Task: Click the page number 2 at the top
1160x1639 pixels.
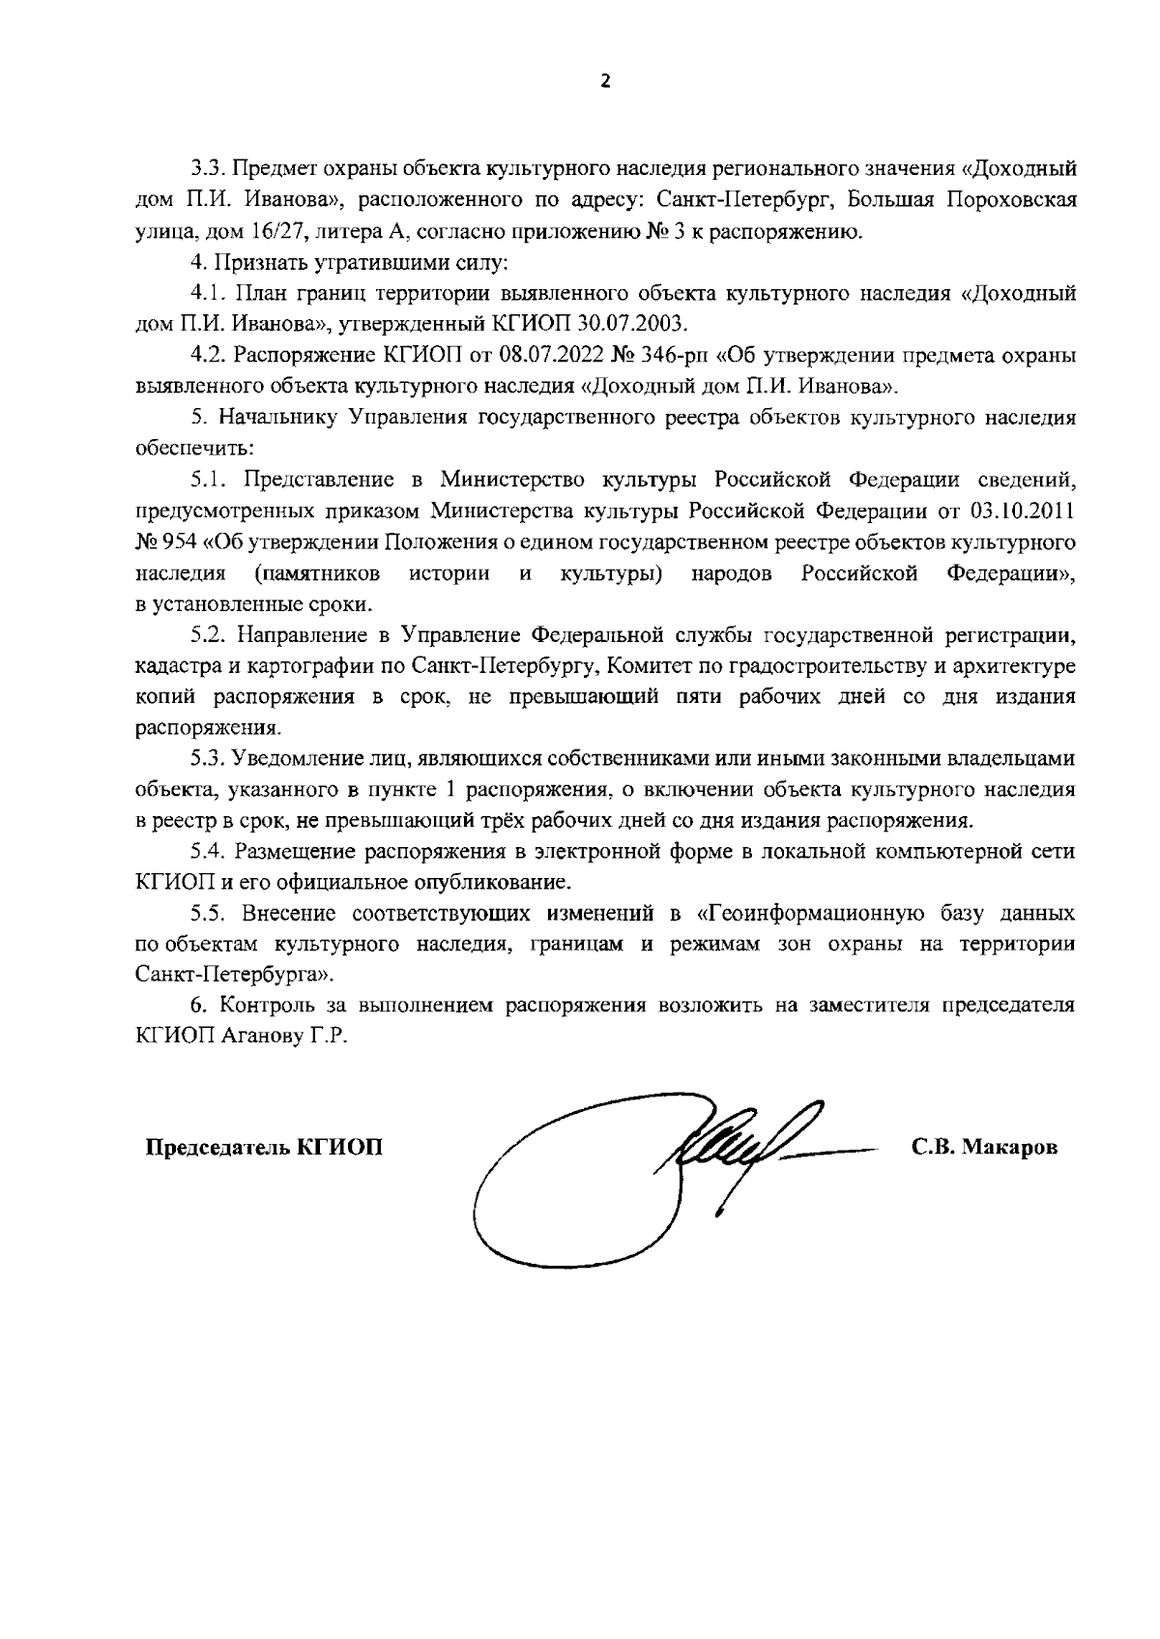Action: coord(606,83)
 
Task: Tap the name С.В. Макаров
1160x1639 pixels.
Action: coord(984,1148)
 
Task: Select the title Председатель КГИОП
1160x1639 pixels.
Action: coord(264,1148)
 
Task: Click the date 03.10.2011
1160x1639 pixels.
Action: coord(1029,511)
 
